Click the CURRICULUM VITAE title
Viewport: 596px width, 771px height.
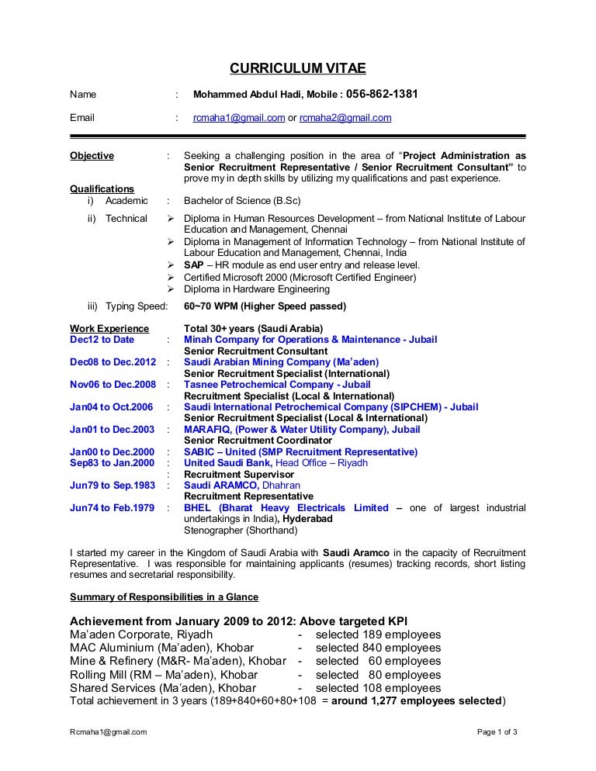point(297,69)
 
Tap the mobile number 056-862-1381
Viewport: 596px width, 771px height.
point(382,94)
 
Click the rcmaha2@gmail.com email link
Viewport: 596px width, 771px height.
point(345,118)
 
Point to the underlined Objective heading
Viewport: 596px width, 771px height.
point(92,156)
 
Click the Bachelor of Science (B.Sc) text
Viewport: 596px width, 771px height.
point(242,201)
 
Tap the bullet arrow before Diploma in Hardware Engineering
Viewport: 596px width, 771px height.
point(172,289)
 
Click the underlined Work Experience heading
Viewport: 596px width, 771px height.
point(109,328)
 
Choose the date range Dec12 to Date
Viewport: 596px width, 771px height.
point(102,340)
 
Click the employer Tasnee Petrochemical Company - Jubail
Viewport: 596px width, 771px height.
point(277,385)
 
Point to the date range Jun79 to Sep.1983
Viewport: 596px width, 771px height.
point(113,486)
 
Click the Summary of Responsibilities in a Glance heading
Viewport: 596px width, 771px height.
point(164,597)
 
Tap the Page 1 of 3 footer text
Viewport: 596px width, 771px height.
point(497,732)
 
